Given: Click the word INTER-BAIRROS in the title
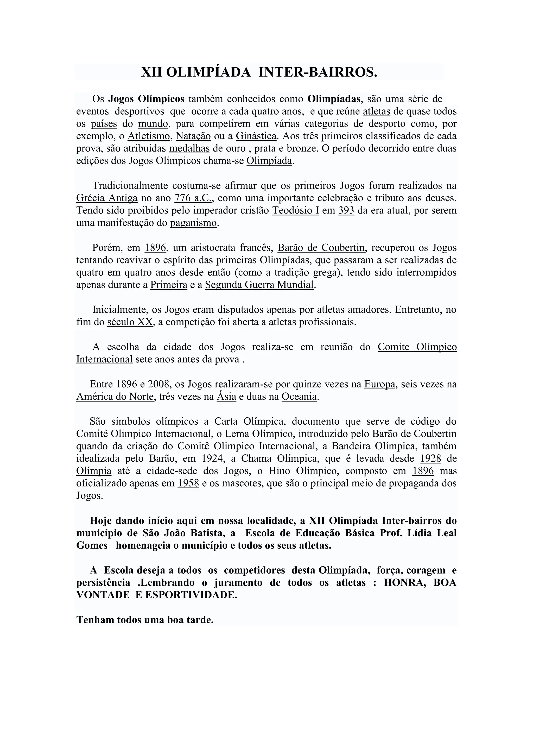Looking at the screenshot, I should point(318,72).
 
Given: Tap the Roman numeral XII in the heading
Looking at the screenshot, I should point(152,72).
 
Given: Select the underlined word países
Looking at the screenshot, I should point(104,124).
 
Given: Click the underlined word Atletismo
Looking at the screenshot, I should point(149,136).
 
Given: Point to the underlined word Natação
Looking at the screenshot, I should point(193,136).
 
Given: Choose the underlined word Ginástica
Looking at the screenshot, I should point(256,136).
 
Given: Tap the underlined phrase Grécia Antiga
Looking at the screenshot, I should point(107,198).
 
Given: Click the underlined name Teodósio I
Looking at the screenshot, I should point(295,211).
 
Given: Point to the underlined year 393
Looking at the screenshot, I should point(346,211).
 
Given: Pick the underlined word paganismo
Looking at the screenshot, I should point(193,223).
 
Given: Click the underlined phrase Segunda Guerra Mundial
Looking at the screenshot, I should point(259,285).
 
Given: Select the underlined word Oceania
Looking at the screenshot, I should point(299,397).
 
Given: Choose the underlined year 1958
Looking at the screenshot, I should point(188,483).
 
